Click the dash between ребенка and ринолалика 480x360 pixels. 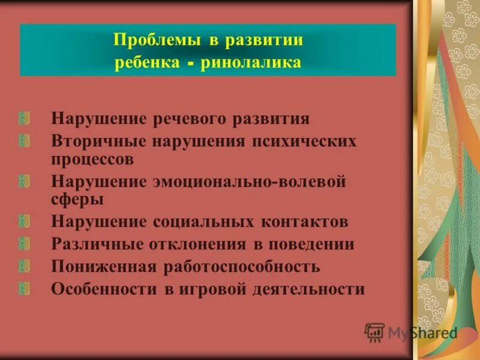click(189, 64)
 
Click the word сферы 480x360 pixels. click(78, 199)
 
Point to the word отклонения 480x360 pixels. click(194, 244)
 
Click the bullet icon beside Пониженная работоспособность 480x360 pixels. click(24, 266)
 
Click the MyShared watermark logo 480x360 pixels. click(412, 332)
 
